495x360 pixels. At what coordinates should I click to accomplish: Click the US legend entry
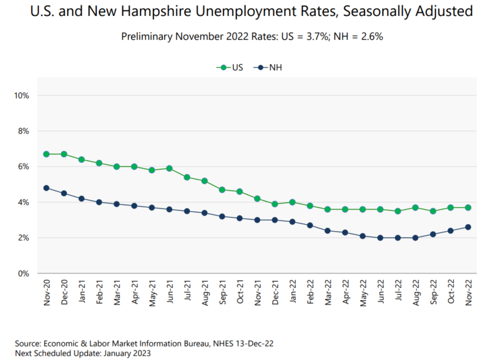click(x=231, y=67)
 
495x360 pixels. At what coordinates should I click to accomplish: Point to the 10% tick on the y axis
click(x=21, y=96)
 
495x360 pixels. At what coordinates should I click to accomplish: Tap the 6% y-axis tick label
click(x=23, y=167)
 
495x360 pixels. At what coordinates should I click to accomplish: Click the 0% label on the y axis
click(x=23, y=273)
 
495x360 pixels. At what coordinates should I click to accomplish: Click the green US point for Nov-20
click(x=46, y=154)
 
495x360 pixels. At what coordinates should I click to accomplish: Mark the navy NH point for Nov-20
click(x=46, y=188)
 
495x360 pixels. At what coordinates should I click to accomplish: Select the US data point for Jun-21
click(x=169, y=168)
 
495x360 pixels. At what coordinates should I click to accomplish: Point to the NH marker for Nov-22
click(x=468, y=227)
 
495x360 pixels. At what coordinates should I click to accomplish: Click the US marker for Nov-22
click(x=468, y=207)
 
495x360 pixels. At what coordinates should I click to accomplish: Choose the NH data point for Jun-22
click(x=380, y=237)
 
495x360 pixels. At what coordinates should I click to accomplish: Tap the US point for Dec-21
click(x=275, y=204)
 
